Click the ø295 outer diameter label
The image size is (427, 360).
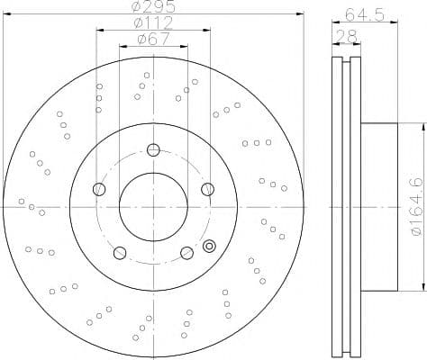coord(152,8)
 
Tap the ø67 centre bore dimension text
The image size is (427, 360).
coord(152,40)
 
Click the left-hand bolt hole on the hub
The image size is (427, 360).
coord(99,189)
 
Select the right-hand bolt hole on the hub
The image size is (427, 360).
coord(207,188)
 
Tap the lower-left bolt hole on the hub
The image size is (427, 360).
coord(119,252)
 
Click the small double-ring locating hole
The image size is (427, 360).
coord(211,245)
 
